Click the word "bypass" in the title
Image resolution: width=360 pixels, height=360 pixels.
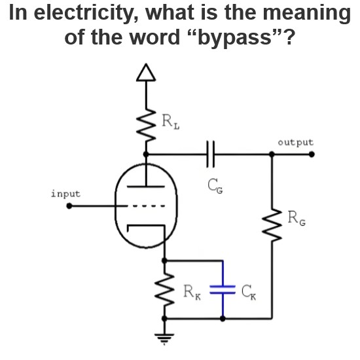(x=235, y=37)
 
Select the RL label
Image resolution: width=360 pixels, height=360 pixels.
(x=170, y=122)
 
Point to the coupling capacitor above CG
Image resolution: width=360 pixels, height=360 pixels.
(x=210, y=154)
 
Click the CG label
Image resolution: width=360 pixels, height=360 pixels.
(x=215, y=186)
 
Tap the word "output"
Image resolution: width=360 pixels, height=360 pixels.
(x=295, y=142)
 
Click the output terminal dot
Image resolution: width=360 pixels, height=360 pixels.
(x=312, y=154)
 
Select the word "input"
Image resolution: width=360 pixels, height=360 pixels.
(x=66, y=194)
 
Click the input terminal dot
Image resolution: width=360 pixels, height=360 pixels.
(x=69, y=206)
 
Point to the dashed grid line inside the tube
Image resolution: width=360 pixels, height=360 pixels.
(x=146, y=206)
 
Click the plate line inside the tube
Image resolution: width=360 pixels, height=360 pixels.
(x=146, y=187)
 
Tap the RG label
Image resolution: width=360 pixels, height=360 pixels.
(x=297, y=218)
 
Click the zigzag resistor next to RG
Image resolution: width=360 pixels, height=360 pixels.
(x=272, y=225)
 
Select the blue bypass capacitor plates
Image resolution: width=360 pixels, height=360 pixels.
(x=223, y=289)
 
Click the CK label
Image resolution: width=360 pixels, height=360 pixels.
(x=249, y=292)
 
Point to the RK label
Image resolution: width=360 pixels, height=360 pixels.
(x=192, y=292)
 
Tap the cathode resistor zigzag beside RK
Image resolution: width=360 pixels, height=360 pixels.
(x=164, y=290)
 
